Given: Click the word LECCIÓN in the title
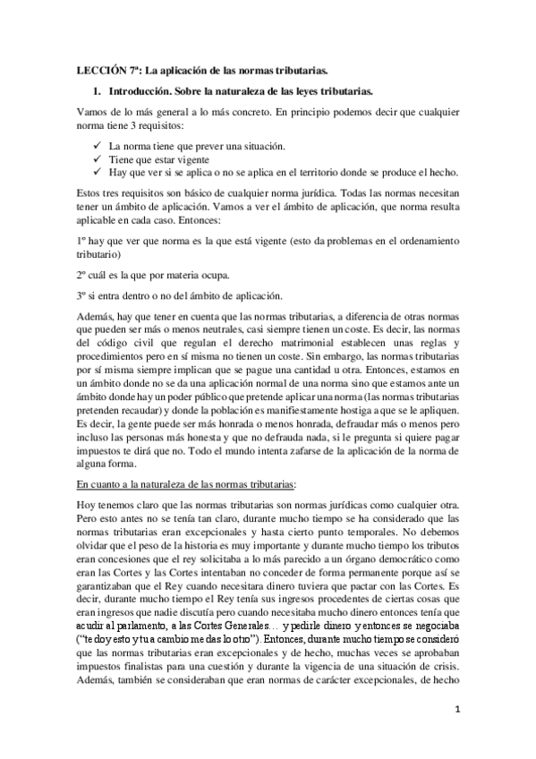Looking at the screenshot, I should pyautogui.click(x=96, y=68).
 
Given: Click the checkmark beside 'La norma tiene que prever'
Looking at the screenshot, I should pyautogui.click(x=96, y=145).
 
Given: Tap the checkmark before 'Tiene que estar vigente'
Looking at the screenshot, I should pyautogui.click(x=96, y=158).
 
